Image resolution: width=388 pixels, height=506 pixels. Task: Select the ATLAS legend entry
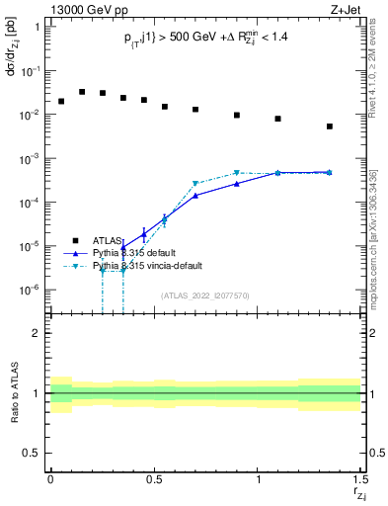click(x=106, y=240)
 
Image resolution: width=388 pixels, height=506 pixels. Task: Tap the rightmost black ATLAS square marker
click(x=330, y=126)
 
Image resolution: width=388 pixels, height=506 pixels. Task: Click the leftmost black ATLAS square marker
click(x=61, y=101)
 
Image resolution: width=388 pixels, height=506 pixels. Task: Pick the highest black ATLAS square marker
click(x=82, y=92)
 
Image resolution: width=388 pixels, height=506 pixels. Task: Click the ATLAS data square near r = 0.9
click(x=237, y=115)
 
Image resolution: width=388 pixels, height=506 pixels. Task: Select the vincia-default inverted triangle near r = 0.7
click(x=195, y=184)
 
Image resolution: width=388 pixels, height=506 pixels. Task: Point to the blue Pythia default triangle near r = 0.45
click(x=144, y=235)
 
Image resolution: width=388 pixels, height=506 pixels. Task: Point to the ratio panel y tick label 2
click(x=37, y=333)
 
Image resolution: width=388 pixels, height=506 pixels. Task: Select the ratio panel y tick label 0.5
click(x=32, y=453)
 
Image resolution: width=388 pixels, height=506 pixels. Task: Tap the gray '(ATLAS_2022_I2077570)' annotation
click(x=205, y=295)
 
